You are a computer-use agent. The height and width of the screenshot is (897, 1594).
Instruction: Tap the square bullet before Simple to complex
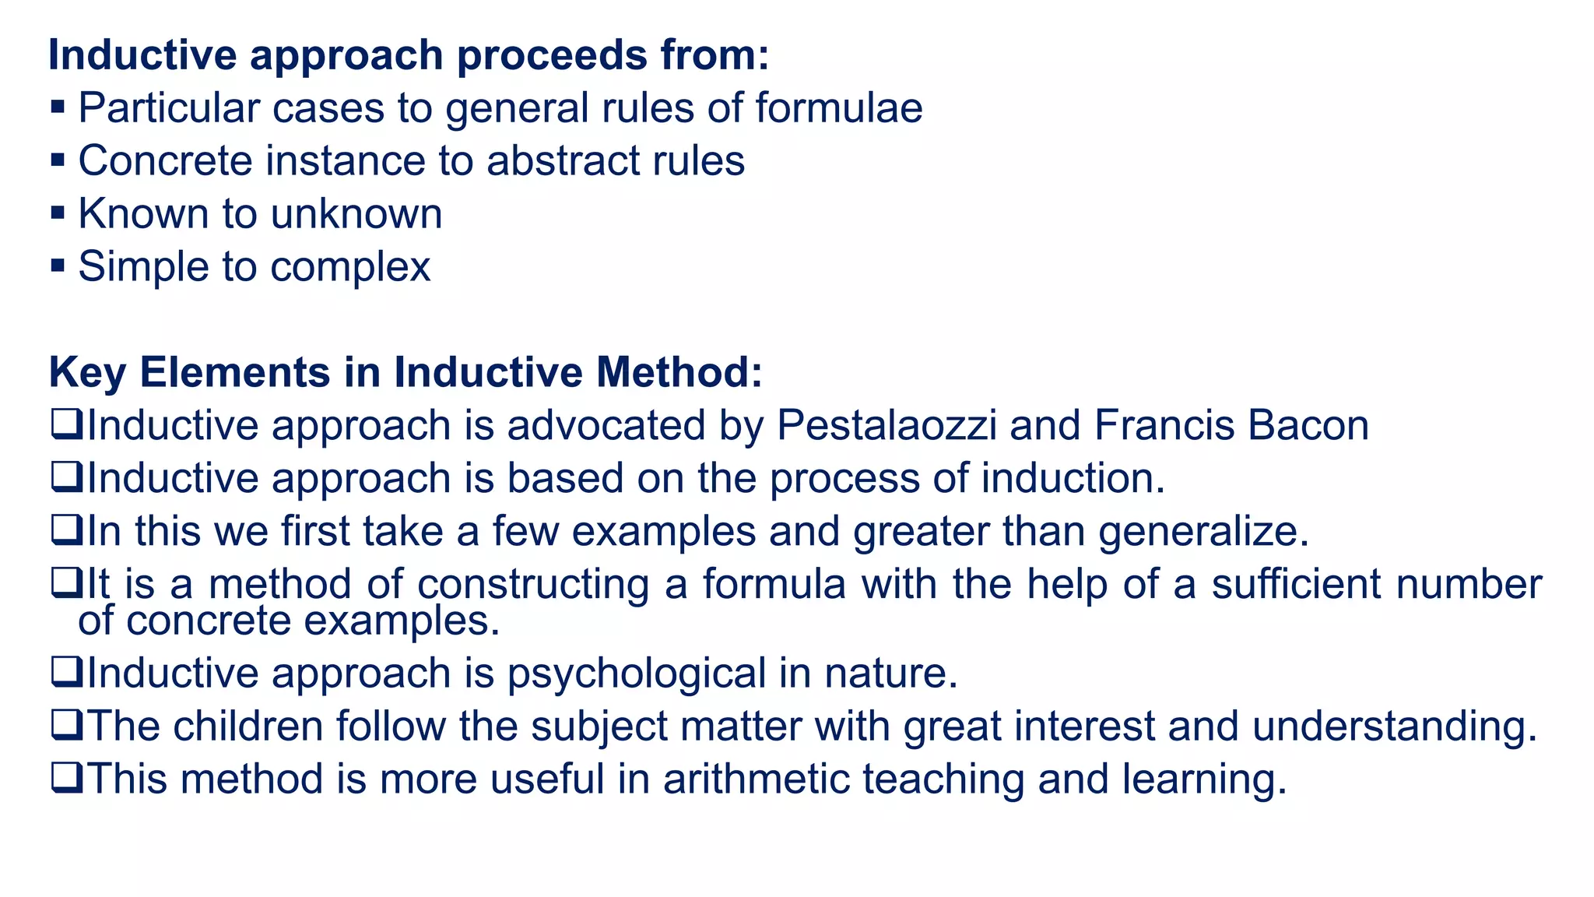coord(58,266)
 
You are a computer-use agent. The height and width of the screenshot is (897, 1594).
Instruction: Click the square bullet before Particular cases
coord(58,107)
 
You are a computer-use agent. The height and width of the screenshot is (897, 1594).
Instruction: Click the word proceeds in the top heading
coord(552,55)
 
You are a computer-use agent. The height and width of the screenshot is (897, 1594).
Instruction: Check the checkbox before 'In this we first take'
coord(66,531)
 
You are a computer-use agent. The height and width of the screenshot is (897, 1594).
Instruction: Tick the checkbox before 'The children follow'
coord(66,725)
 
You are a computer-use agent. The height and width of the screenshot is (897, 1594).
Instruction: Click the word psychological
coord(637,674)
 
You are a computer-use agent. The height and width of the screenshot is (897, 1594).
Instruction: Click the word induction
coord(1073,478)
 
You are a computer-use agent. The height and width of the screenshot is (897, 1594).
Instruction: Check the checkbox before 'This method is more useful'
coord(66,778)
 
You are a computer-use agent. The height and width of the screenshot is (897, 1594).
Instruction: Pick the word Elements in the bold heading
coord(234,372)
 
